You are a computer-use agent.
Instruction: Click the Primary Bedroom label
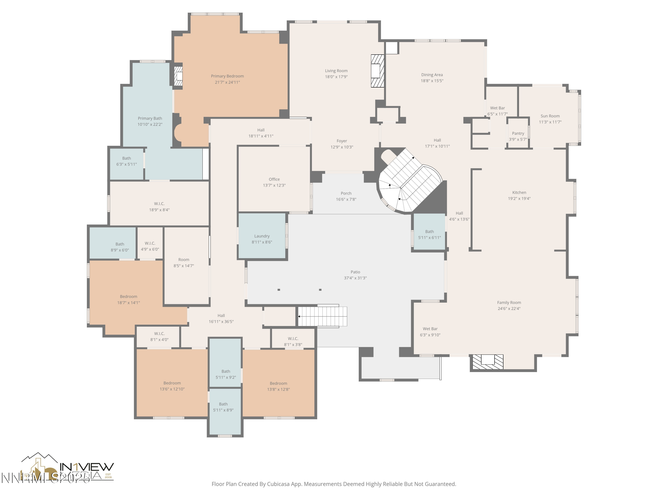tap(227, 76)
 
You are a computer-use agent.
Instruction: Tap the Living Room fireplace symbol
tap(377, 71)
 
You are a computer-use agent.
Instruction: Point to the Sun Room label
tap(550, 116)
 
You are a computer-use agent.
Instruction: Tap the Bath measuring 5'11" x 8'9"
tap(224, 407)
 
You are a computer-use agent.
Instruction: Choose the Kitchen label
tap(519, 192)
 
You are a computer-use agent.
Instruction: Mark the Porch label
tap(346, 193)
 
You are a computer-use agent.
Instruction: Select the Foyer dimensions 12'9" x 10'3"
tap(342, 147)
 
